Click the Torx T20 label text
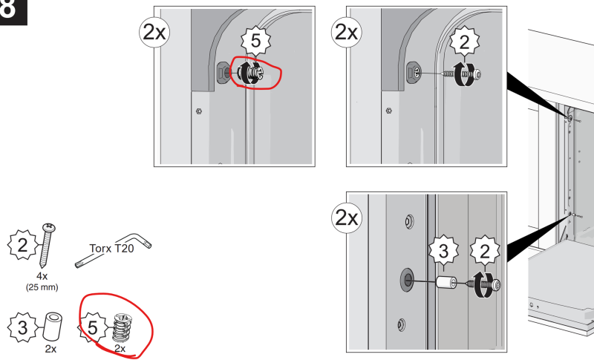(112, 249)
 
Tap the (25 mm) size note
(42, 287)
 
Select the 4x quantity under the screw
(42, 276)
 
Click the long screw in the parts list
(47, 246)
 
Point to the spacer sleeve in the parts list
(53, 327)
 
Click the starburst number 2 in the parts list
(23, 245)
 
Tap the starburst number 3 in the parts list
(23, 328)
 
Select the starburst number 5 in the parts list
(92, 328)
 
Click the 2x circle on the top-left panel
(154, 33)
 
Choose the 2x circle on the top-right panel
(347, 32)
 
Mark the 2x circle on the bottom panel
(347, 217)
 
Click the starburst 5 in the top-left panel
(256, 41)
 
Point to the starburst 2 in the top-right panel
(465, 42)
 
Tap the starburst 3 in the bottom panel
(443, 251)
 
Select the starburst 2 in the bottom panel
(485, 252)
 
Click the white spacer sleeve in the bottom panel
(447, 282)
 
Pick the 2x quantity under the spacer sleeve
(50, 349)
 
